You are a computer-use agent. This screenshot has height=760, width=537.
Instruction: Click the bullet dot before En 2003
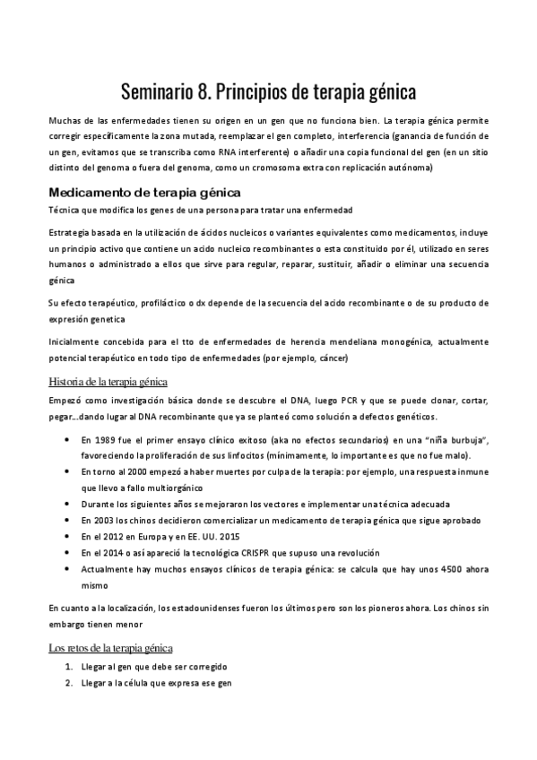tap(69, 521)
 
